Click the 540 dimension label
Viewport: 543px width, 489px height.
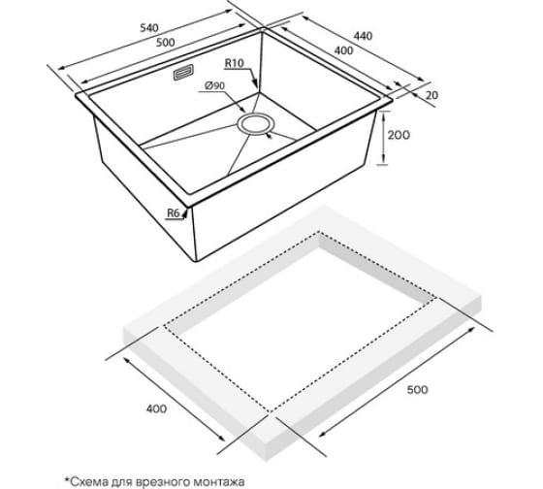149,28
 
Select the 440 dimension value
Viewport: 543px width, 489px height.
363,35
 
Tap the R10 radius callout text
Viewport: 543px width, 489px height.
235,63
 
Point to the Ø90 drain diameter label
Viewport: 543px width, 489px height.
214,85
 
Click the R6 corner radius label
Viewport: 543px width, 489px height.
174,213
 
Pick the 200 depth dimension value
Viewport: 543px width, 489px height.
399,135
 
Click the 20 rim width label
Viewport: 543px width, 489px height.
431,95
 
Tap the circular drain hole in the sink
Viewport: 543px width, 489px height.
256,124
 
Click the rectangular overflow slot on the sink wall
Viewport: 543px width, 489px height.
183,73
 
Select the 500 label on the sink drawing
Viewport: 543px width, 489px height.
165,43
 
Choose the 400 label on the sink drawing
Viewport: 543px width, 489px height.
343,50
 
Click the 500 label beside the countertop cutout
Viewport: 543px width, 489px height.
417,390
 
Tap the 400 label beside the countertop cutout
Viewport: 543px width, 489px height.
156,408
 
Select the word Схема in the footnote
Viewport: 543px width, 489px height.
88,481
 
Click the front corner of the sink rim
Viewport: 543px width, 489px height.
189,207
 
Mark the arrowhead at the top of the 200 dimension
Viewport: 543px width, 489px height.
384,114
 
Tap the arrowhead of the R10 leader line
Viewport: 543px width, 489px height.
256,85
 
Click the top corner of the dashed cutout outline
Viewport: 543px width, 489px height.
319,232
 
